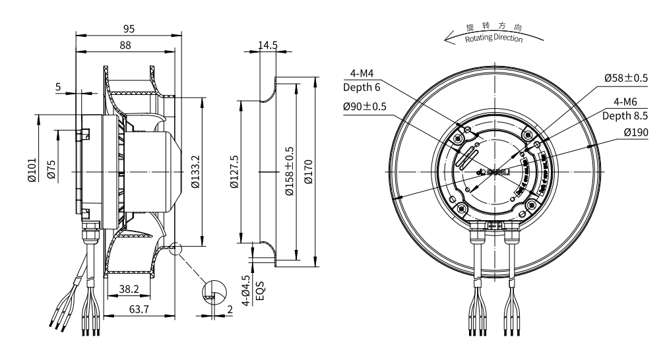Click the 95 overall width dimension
129,28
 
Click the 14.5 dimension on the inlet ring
267,45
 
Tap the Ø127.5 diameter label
234,171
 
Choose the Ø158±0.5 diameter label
288,171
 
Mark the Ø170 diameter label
309,171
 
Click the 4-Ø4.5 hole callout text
246,291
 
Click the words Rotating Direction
493,40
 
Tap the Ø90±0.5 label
364,107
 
